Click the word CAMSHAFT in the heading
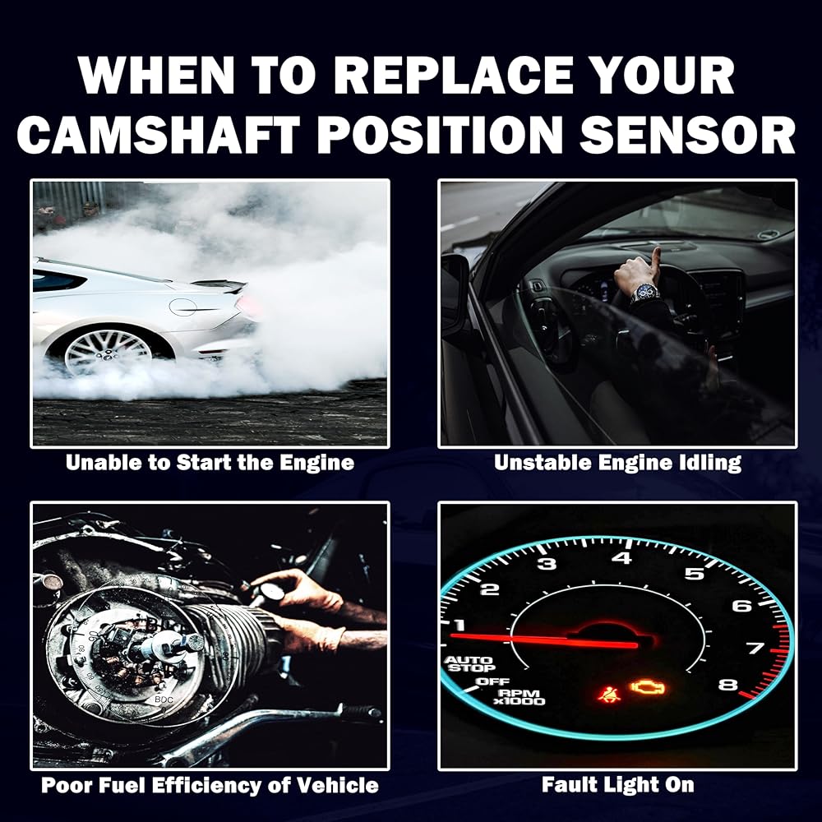point(159,135)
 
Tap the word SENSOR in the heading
point(687,135)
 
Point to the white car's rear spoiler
point(219,285)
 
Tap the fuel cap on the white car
point(183,307)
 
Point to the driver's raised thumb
point(655,257)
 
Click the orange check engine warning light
point(648,687)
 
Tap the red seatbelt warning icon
point(609,694)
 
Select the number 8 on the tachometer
point(727,685)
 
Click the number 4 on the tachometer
point(621,557)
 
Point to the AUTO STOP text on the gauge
point(469,663)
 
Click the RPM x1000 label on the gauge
point(520,697)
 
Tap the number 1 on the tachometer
point(459,625)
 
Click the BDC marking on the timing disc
point(164,700)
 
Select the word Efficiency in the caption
point(206,785)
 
